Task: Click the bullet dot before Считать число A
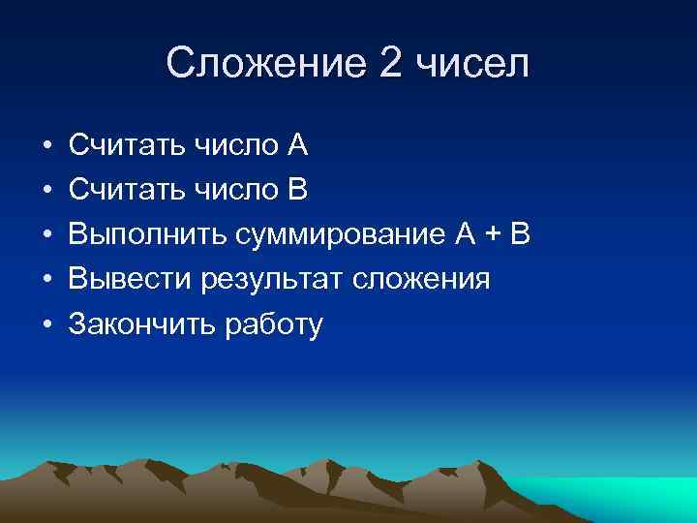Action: pos(46,146)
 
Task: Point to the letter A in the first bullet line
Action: pos(296,146)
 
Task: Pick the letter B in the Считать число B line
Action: pos(296,191)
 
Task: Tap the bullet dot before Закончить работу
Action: pos(46,324)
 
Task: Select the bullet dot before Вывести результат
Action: pos(46,280)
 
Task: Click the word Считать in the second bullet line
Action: pos(127,191)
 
